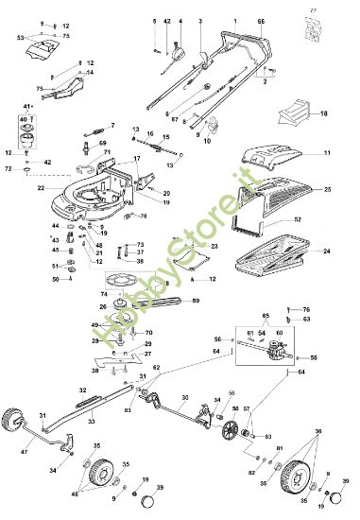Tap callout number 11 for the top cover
(327, 152)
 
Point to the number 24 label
(327, 251)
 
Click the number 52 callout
(324, 219)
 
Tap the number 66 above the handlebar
(261, 20)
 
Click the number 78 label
(143, 216)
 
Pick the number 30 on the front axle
(185, 397)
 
